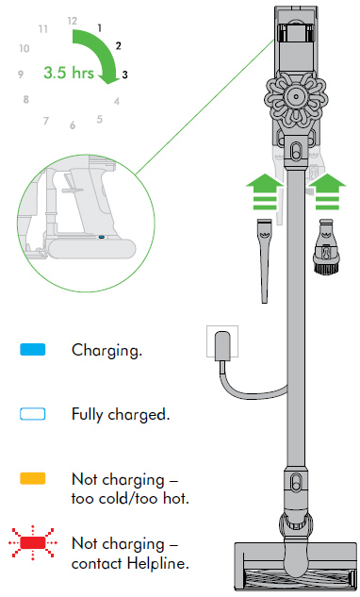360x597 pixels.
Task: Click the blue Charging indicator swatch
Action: pyautogui.click(x=33, y=350)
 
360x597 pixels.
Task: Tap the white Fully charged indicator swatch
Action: pyautogui.click(x=33, y=414)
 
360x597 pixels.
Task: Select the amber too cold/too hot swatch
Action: pyautogui.click(x=33, y=478)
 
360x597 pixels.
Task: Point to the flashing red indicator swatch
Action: pyautogui.click(x=33, y=542)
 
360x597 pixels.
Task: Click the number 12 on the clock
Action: pyautogui.click(x=73, y=21)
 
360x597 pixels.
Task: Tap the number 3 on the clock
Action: pyautogui.click(x=124, y=75)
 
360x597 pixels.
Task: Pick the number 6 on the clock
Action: pyautogui.click(x=73, y=125)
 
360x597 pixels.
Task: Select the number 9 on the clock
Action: pyautogui.click(x=21, y=75)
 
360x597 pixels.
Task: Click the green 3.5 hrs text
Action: pyautogui.click(x=69, y=73)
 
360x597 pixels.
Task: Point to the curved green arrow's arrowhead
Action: pyautogui.click(x=109, y=78)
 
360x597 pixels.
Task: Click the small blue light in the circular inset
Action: pyautogui.click(x=101, y=237)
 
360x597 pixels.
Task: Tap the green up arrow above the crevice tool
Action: pyautogui.click(x=265, y=191)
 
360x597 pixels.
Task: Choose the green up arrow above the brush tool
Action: pyautogui.click(x=327, y=191)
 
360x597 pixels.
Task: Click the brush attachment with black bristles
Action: pyautogui.click(x=326, y=246)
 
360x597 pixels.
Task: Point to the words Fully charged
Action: pyautogui.click(x=121, y=415)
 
